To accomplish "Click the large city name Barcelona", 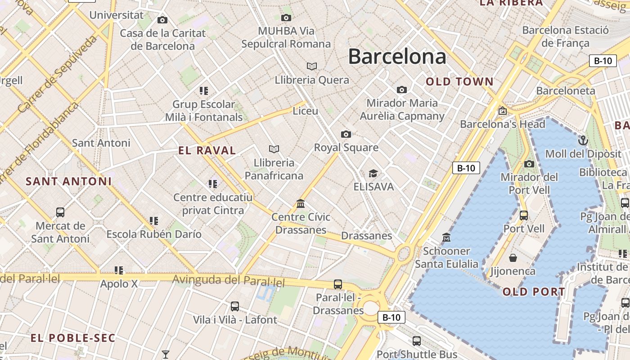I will click(x=397, y=57).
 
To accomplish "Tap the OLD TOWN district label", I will click(x=459, y=81).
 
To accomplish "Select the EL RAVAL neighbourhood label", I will click(x=207, y=150).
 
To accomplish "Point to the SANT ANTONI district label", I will click(x=68, y=181).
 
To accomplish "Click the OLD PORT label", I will click(x=533, y=292).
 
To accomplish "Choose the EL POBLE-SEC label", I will click(x=73, y=337).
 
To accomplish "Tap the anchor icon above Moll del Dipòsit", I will click(x=583, y=140).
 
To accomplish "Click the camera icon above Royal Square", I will click(x=346, y=134).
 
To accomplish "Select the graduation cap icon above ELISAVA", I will click(x=373, y=173).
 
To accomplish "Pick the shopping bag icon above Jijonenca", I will click(x=513, y=258).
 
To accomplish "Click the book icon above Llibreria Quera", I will click(x=311, y=67).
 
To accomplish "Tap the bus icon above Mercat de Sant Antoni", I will click(x=60, y=212).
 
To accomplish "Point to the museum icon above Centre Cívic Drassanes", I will click(x=301, y=204).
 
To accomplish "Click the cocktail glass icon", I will click(x=166, y=355).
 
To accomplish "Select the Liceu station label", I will click(x=305, y=111).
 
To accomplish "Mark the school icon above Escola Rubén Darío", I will click(x=154, y=221).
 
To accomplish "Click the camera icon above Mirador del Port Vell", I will click(x=529, y=164).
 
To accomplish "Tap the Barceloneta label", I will click(x=566, y=90).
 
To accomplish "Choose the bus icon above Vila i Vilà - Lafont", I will click(x=234, y=306).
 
